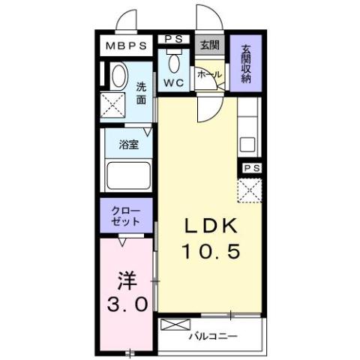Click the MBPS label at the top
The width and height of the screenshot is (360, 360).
click(x=125, y=46)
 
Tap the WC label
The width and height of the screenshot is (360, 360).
click(x=174, y=82)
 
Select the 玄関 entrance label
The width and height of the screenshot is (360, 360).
click(x=208, y=44)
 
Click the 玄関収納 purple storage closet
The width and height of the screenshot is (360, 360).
click(x=246, y=64)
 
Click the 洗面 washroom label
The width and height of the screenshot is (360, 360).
click(x=141, y=91)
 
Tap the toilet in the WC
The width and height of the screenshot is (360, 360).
click(x=174, y=61)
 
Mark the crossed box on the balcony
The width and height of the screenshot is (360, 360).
click(x=172, y=325)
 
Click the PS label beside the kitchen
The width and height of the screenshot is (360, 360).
click(x=250, y=169)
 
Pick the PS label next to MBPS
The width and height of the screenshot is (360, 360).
click(x=174, y=40)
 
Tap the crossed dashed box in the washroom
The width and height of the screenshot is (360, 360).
click(x=114, y=106)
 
